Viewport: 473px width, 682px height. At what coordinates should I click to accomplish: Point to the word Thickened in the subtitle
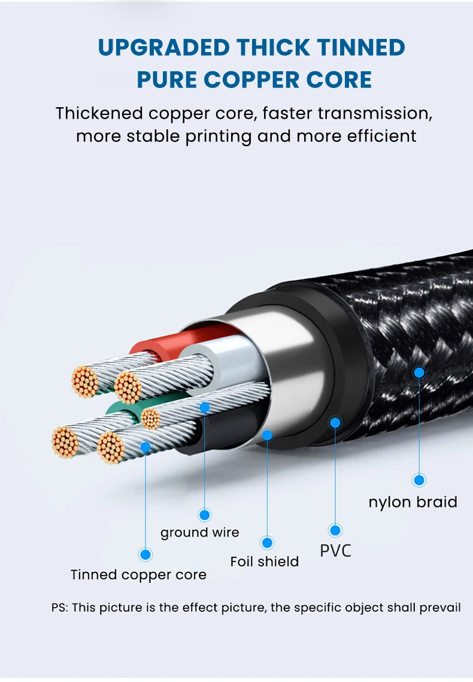pos(99,113)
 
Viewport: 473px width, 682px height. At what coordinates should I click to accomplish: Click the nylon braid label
pos(413,502)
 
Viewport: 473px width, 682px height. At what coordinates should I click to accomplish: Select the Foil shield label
pos(264,562)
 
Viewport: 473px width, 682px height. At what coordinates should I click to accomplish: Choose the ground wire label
pos(199,532)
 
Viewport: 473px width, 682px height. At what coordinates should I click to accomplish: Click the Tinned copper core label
pos(138,575)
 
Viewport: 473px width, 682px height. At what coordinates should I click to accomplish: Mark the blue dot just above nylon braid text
pos(419,480)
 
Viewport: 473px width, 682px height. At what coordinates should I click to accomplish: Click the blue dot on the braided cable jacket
pos(419,372)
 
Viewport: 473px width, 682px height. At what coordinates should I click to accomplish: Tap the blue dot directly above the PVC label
pos(335,530)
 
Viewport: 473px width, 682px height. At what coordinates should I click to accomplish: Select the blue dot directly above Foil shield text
pos(267,543)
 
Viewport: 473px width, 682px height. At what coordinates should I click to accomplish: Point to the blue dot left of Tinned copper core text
pos(145,554)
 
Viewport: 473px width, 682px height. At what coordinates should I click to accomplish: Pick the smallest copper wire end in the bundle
pos(151,419)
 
